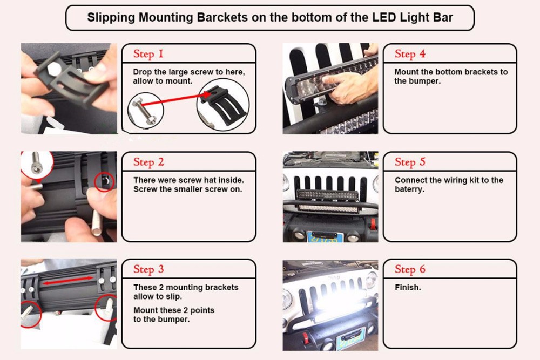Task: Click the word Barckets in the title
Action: click(x=222, y=17)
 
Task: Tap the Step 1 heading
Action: click(x=148, y=54)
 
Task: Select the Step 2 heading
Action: click(x=149, y=162)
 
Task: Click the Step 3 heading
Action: click(x=149, y=269)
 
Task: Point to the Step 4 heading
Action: click(x=410, y=54)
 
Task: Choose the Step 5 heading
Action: click(x=410, y=162)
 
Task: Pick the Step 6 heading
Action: click(x=410, y=269)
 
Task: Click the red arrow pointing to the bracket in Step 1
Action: click(x=175, y=99)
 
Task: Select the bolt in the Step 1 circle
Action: click(x=145, y=110)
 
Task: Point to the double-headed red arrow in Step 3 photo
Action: click(x=68, y=280)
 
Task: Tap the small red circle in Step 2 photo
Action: click(x=104, y=181)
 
